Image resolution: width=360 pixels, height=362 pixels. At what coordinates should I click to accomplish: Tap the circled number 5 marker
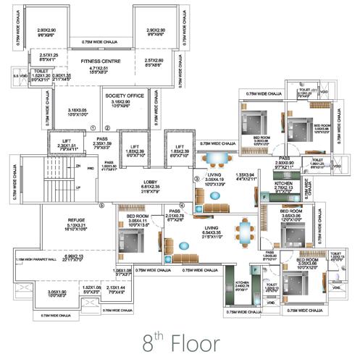(x=102, y=205)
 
